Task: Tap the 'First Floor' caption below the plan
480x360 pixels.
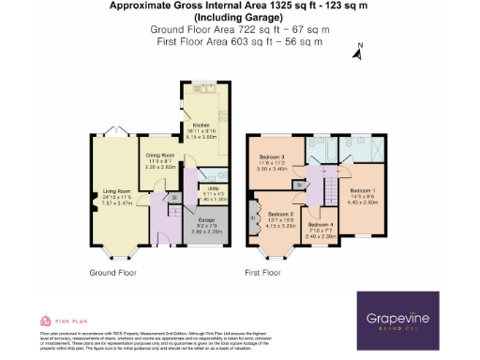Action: pos(263,274)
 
